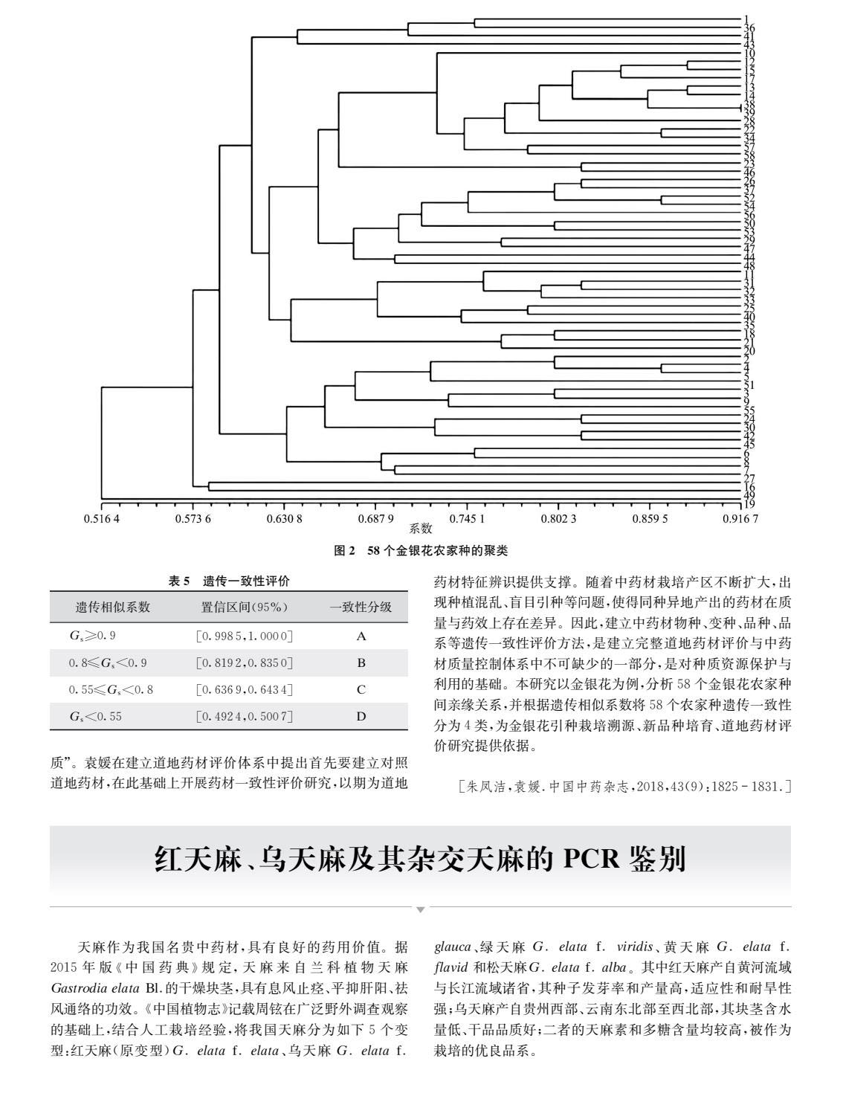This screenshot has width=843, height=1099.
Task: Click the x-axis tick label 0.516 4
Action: click(x=101, y=518)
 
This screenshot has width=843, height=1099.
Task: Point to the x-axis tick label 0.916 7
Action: click(x=741, y=518)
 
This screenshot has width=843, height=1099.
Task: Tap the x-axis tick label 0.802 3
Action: click(x=558, y=518)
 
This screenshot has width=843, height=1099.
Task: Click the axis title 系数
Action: click(x=421, y=529)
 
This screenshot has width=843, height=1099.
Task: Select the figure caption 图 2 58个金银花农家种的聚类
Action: click(x=421, y=552)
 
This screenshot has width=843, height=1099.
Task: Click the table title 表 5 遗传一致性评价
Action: click(x=229, y=581)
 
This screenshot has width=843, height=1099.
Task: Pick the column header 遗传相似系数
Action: click(x=113, y=607)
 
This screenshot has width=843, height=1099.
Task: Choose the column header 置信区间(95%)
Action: click(x=244, y=607)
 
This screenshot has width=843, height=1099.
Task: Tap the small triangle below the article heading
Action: click(x=421, y=909)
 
